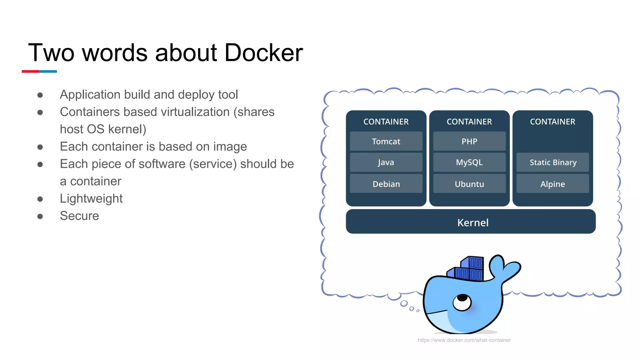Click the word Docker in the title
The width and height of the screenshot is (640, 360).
tap(263, 53)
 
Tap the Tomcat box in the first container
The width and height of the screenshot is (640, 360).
tap(386, 141)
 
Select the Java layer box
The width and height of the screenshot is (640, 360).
tap(386, 162)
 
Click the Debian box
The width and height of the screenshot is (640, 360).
tap(386, 184)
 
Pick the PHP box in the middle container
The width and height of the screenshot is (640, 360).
tap(469, 141)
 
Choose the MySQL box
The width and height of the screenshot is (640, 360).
tap(469, 162)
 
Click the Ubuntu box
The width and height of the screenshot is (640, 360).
tap(469, 184)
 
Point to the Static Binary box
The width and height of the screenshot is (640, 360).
tap(552, 162)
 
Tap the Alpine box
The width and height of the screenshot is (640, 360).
tap(552, 184)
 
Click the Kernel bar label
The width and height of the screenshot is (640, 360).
tap(472, 222)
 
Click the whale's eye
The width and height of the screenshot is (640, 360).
tap(462, 302)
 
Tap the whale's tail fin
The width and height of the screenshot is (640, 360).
tap(505, 267)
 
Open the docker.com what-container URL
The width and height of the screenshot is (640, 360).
tap(464, 340)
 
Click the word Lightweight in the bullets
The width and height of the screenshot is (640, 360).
tap(91, 199)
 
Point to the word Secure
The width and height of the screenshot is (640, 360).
tap(79, 216)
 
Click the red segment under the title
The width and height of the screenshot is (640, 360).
tap(30, 72)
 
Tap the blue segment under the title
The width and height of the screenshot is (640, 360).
tap(48, 72)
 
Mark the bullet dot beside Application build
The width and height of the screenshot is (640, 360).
tap(40, 95)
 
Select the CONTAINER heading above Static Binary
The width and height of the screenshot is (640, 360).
tap(552, 122)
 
